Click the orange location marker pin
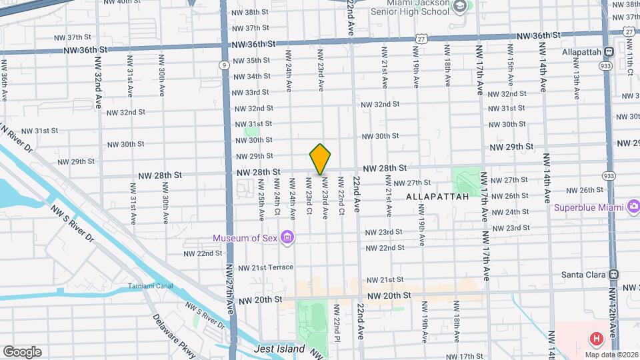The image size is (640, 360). [320, 159]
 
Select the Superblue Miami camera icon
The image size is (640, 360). [633, 207]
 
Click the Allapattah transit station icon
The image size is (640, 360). [608, 52]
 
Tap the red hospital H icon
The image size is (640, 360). [596, 338]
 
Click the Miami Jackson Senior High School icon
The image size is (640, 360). [459, 6]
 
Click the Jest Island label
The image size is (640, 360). [279, 349]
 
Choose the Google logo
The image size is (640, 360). [22, 351]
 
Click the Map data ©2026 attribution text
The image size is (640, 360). [611, 354]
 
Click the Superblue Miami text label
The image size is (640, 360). [589, 207]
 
